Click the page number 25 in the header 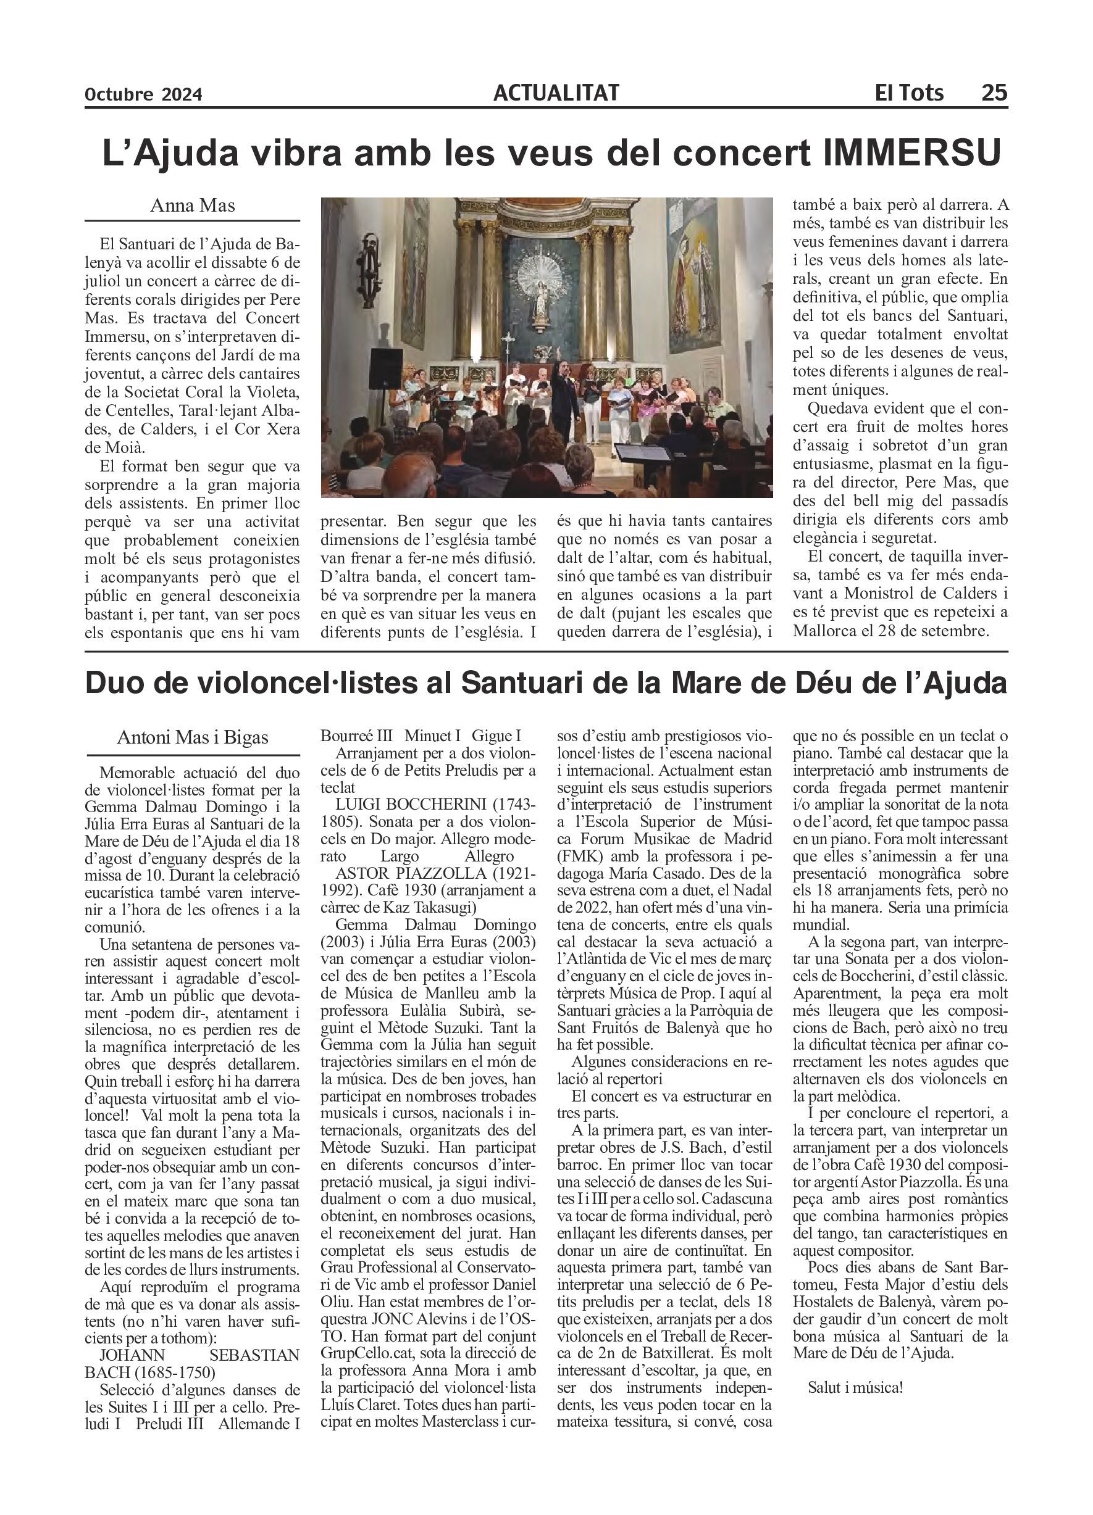(994, 92)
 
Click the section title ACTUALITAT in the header (556, 93)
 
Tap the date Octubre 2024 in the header (143, 95)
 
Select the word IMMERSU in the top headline (912, 153)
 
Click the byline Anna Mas (193, 205)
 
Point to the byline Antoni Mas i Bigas (193, 737)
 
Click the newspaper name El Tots (908, 92)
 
